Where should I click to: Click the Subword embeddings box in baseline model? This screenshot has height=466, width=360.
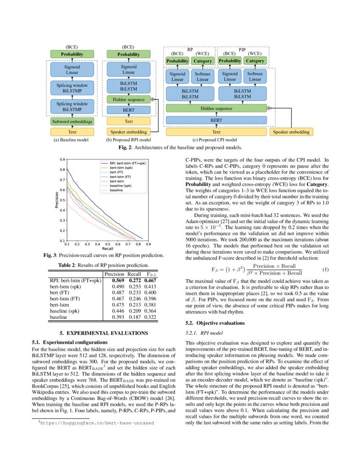pos(72,122)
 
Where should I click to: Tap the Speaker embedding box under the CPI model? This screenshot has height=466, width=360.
pos(291,132)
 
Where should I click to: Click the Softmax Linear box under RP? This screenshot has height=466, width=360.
pos(202,77)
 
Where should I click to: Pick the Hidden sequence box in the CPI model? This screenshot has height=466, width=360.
pos(216,108)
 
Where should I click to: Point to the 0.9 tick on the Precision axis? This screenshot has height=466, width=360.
pos(62,160)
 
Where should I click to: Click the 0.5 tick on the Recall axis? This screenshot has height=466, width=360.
pos(108,245)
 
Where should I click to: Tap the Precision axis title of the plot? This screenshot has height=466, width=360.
pos(56,200)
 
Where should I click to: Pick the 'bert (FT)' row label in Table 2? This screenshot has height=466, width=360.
pos(60,292)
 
